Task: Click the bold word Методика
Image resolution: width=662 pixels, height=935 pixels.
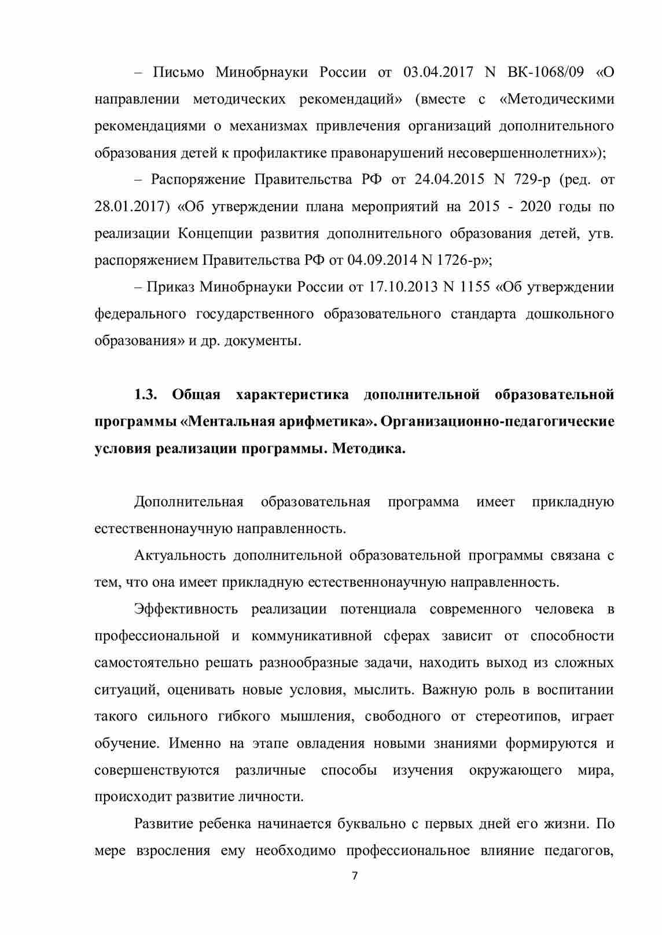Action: coord(369,449)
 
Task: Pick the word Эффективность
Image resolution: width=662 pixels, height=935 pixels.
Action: coord(186,609)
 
